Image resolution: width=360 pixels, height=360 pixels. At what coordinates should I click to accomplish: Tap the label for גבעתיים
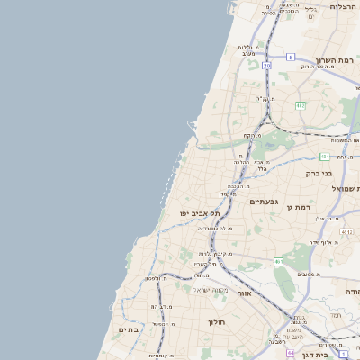tap(264, 202)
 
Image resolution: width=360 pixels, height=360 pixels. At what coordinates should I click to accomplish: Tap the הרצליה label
tap(343, 6)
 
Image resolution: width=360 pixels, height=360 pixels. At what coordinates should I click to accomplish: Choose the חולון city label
tap(217, 321)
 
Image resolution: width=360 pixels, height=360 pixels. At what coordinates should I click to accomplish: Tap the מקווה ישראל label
tap(217, 290)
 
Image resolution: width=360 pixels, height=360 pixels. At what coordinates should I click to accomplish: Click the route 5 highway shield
tap(291, 57)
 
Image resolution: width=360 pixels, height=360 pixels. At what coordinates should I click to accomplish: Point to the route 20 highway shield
tap(266, 65)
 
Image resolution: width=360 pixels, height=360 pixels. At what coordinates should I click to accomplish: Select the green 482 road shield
tap(301, 105)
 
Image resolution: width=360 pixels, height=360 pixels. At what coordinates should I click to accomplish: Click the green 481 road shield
tap(324, 157)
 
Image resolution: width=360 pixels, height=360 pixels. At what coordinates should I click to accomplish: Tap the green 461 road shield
tap(278, 261)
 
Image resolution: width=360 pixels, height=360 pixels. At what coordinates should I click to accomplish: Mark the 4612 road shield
tap(346, 231)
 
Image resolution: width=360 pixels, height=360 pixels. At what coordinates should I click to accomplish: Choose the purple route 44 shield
tap(291, 353)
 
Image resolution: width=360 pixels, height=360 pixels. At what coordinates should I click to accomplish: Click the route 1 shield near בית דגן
tap(344, 355)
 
